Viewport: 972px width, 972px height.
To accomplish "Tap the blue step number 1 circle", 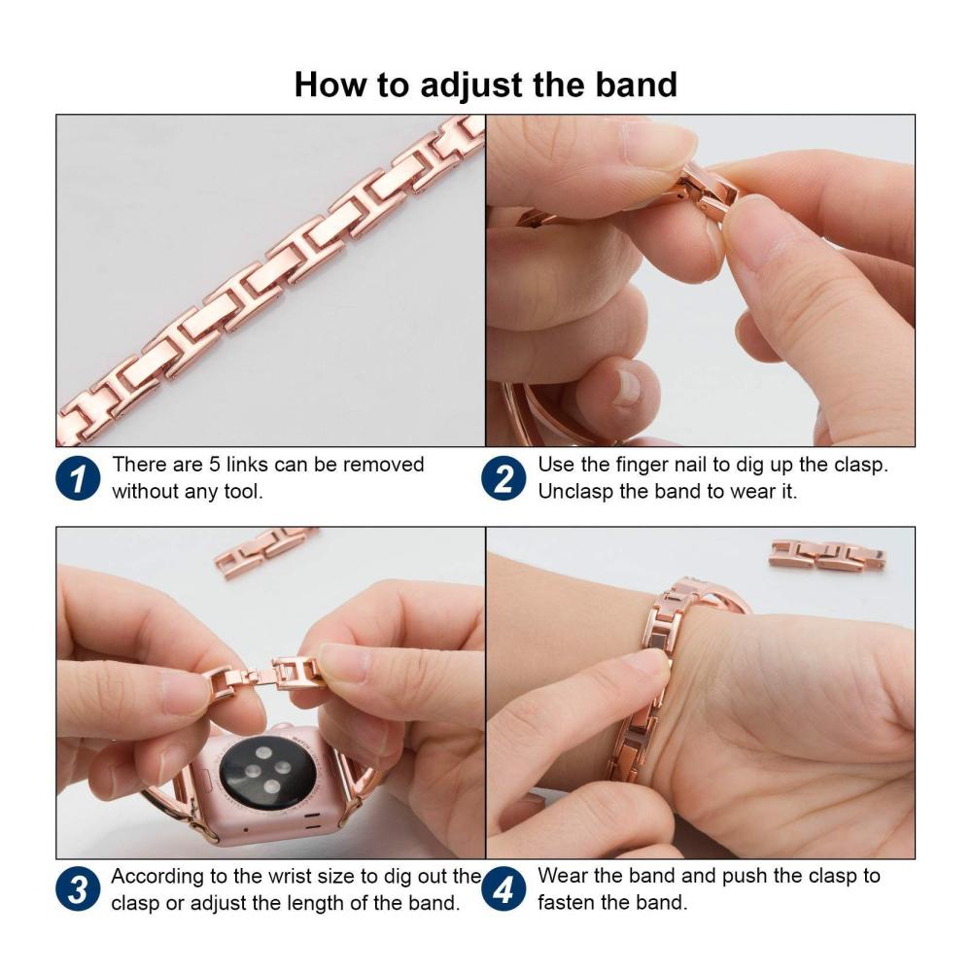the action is point(78,478).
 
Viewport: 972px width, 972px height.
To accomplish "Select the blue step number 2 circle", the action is point(503,478).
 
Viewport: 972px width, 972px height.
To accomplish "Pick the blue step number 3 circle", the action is point(78,889).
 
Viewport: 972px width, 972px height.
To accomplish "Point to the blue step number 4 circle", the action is point(503,889).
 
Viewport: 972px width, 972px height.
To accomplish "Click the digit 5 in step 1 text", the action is point(215,465).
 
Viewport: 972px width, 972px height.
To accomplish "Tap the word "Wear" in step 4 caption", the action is point(562,876).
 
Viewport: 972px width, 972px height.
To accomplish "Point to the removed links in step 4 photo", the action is point(827,554).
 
